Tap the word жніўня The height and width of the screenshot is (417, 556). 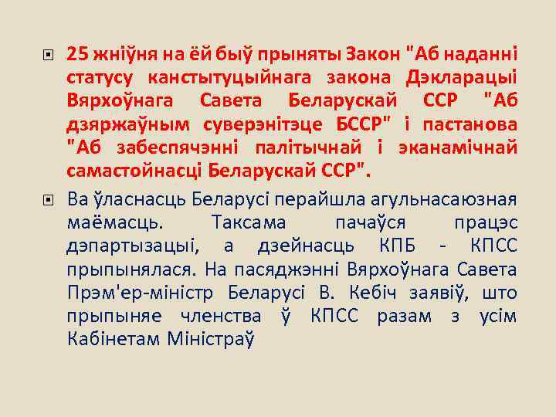(117, 54)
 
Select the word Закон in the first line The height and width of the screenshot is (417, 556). (377, 54)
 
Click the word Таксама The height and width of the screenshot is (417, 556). (248, 223)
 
